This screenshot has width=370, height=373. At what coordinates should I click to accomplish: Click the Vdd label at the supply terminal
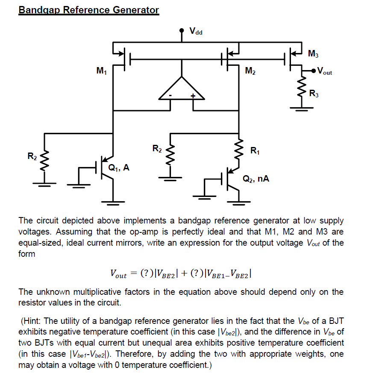coord(196,31)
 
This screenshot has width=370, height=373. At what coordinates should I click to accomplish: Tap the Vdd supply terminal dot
coord(182,31)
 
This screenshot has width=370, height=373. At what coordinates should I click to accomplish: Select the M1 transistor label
coord(102,71)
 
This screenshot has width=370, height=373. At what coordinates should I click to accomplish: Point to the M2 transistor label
coord(250,71)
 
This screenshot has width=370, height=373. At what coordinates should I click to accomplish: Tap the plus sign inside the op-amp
coord(193,96)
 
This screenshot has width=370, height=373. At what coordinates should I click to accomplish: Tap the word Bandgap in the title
coord(40,10)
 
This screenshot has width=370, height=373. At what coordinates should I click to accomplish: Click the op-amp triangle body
coord(182,90)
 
